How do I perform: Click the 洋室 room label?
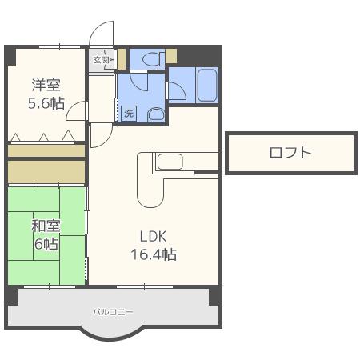(46, 85)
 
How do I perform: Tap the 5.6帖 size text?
(46, 103)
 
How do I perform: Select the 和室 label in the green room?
(46, 226)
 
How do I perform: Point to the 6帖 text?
(46, 243)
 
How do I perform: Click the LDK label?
(154, 236)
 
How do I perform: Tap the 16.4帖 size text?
(154, 254)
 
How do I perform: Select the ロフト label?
(290, 153)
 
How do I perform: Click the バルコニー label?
(113, 312)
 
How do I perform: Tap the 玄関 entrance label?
(101, 60)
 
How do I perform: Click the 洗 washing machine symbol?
(129, 114)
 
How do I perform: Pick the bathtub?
(207, 85)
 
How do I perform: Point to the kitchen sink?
(170, 162)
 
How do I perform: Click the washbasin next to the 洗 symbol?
(156, 115)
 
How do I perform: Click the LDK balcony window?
(145, 287)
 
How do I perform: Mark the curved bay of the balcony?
(113, 335)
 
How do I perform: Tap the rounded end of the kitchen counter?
(150, 201)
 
